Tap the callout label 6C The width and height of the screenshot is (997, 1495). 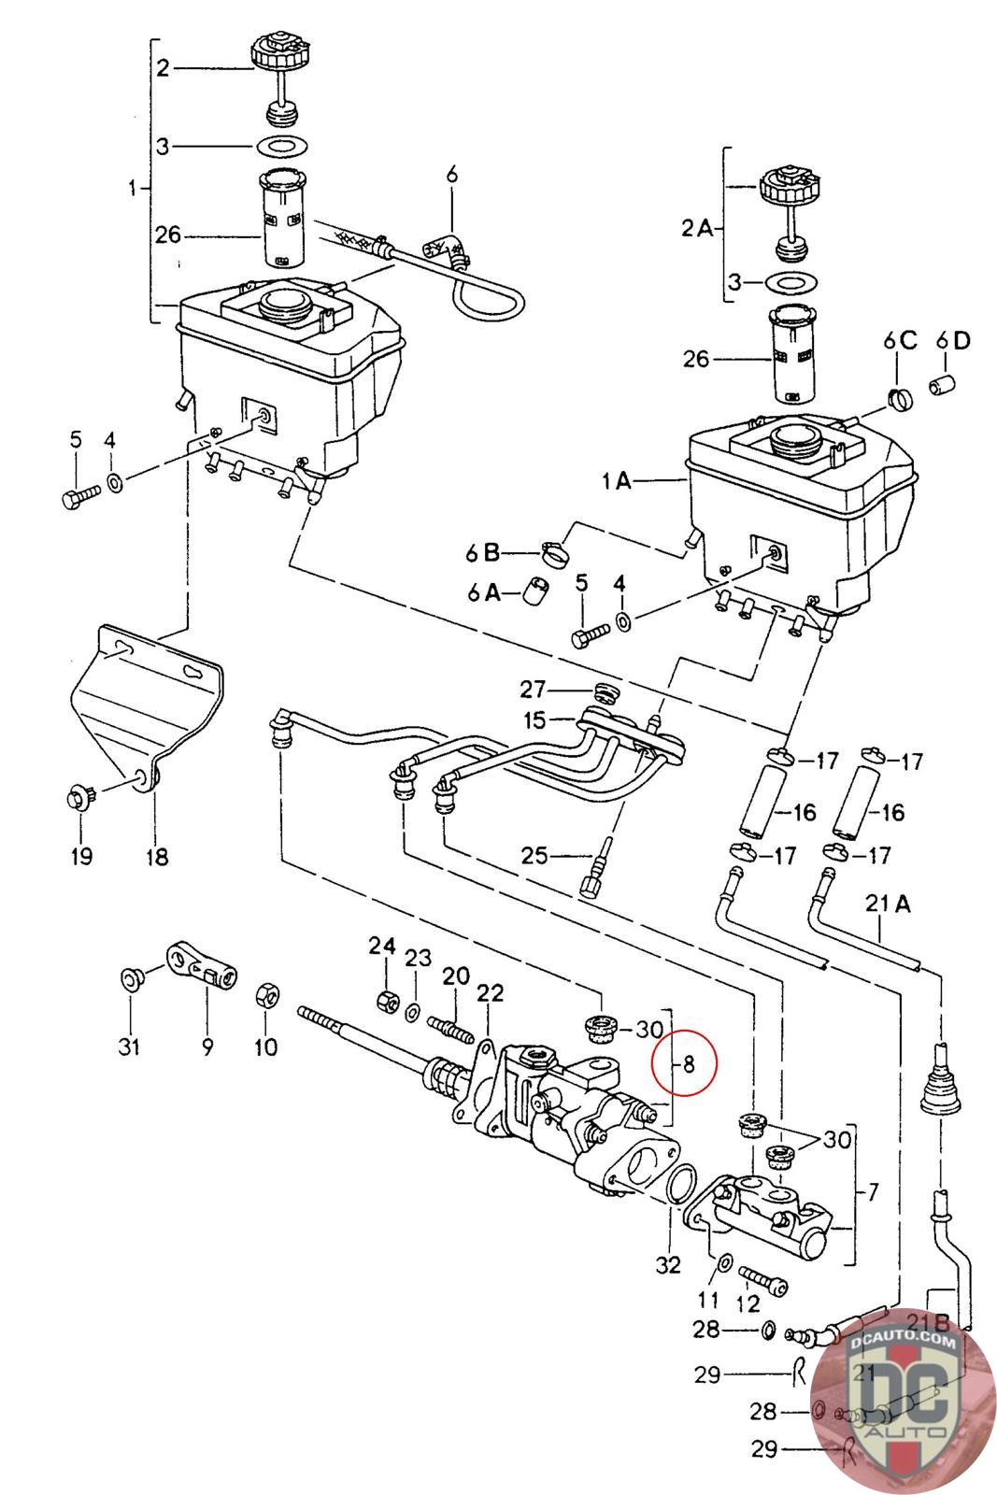[901, 339]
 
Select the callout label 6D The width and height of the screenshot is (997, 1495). [953, 339]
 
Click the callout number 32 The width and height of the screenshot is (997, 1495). [668, 1265]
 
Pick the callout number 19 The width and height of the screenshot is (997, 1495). [81, 855]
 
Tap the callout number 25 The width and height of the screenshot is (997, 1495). [534, 854]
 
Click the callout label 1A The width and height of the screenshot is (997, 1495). [616, 481]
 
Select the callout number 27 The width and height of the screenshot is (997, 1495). [534, 691]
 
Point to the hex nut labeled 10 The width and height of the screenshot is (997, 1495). [265, 994]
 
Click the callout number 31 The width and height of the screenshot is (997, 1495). [129, 1046]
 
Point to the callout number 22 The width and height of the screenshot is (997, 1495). [491, 992]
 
